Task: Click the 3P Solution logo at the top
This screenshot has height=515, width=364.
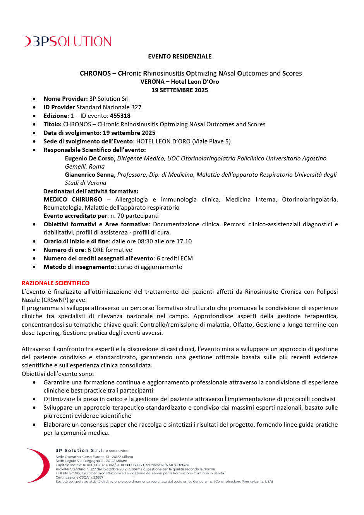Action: coord(68,41)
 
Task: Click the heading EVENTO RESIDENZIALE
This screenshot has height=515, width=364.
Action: coord(180,57)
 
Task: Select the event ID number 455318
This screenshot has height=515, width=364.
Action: coord(120,116)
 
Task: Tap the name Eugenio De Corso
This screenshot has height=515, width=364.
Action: coord(89,158)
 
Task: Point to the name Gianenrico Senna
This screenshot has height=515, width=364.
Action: coord(90,175)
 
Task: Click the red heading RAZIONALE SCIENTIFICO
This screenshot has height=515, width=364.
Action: coord(55,283)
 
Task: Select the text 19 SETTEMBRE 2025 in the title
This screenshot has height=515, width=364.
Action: coord(180,90)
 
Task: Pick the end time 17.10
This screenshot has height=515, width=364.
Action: coord(184,241)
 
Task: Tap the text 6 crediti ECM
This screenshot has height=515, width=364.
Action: coord(175,258)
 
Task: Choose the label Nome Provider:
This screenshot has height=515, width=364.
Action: coord(65,99)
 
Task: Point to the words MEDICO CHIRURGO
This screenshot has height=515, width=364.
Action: coord(73,200)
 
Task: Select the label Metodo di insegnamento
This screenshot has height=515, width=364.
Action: coord(79,267)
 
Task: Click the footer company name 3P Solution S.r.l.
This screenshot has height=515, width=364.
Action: coord(79,451)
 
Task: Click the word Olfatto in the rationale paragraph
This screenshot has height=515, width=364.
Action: coord(243,325)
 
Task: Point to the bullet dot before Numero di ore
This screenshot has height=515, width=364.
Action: coord(35,250)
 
